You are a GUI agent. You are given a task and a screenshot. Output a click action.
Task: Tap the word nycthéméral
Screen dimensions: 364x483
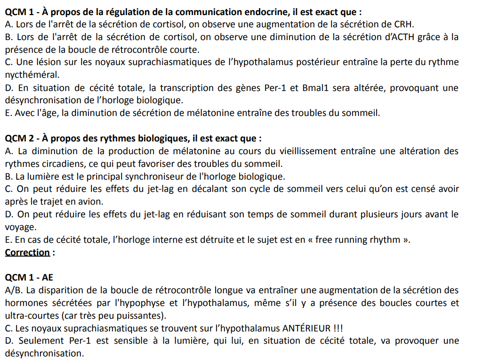(32, 75)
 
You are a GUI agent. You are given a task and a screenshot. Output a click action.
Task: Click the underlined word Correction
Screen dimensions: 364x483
(27, 252)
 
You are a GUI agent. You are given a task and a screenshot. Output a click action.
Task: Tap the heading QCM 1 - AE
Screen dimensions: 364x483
(29, 278)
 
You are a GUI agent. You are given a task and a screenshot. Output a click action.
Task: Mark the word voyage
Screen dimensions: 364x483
(20, 227)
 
